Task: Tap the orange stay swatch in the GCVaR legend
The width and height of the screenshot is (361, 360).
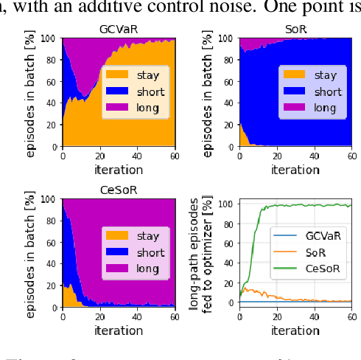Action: [117, 75]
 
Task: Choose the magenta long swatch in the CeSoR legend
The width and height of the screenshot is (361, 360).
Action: [117, 270]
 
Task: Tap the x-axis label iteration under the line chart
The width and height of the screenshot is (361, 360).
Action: [295, 331]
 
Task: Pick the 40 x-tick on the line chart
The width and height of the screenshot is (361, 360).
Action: [315, 317]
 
